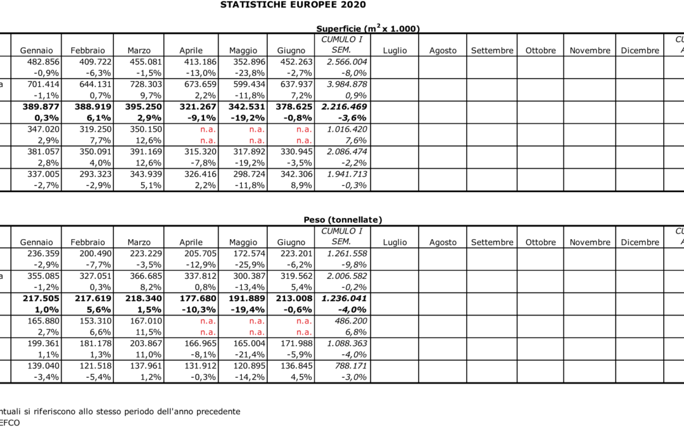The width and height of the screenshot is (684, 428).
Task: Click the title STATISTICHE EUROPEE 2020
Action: point(293,5)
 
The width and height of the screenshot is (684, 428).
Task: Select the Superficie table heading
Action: point(368,29)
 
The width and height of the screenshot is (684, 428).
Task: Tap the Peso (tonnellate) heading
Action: point(343,219)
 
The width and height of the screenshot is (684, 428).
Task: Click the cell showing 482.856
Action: point(43,62)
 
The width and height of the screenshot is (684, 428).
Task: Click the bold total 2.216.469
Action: point(344,107)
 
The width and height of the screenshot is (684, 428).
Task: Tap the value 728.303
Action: point(146,84)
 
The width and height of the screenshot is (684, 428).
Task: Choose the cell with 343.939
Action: point(146,174)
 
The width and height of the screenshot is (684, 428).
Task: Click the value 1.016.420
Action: point(347,129)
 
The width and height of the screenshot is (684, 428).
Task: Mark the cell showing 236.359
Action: point(43,254)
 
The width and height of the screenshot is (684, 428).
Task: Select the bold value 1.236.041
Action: point(344,299)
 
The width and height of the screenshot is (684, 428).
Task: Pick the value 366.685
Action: point(146,276)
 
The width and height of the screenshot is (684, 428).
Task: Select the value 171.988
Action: point(296,344)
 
